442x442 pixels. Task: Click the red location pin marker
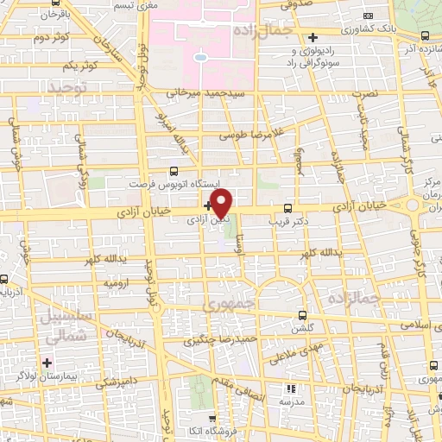tap(222, 204)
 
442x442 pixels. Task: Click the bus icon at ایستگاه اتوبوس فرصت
tap(175, 171)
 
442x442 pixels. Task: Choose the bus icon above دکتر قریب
tap(288, 207)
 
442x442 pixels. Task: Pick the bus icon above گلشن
tap(301, 315)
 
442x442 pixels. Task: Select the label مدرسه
tap(289, 403)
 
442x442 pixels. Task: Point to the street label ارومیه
tap(117, 282)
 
